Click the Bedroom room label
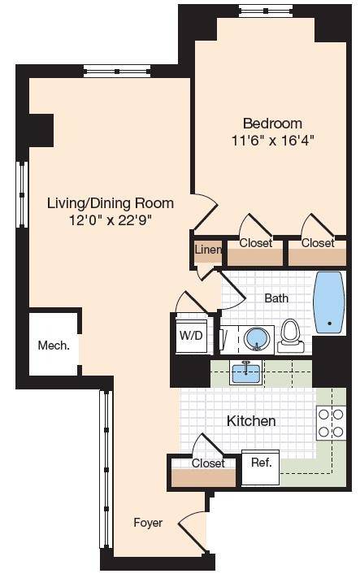[x=272, y=123]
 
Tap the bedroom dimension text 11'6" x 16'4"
[x=272, y=141]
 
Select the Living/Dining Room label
[x=111, y=203]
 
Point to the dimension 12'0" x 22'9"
[x=111, y=220]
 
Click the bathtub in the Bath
[x=329, y=302]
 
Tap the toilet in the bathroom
[x=291, y=336]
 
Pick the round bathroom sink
[x=256, y=338]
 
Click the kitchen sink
[x=245, y=372]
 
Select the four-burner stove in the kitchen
[x=331, y=423]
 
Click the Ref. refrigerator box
[x=261, y=467]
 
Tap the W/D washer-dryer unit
[x=191, y=335]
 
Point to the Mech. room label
[x=54, y=345]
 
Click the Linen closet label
[x=208, y=250]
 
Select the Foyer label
[x=148, y=523]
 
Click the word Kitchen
[x=251, y=420]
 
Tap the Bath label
[x=276, y=298]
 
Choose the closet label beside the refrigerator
[x=208, y=463]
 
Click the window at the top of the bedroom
[x=265, y=11]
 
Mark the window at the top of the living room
[x=117, y=72]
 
